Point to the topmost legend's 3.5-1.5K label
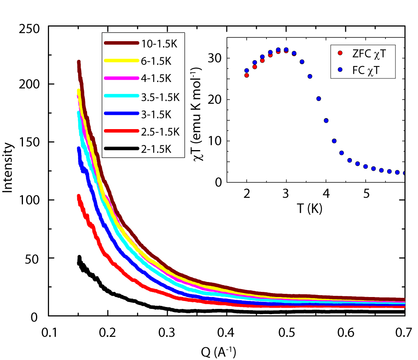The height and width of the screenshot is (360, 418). (160, 97)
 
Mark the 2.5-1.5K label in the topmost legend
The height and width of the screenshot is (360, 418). (160, 131)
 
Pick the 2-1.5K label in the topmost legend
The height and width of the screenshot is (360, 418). (156, 149)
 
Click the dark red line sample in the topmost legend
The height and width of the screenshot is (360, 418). (121, 43)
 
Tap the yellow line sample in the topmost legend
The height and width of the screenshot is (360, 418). (121, 61)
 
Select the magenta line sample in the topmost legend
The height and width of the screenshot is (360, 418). (121, 78)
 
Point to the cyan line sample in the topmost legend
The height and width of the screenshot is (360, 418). (121, 96)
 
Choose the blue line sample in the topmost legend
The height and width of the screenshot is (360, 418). (121, 114)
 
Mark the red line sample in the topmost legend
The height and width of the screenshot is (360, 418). (121, 131)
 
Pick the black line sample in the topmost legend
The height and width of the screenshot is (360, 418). (121, 149)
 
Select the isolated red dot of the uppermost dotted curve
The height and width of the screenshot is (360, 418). (340, 53)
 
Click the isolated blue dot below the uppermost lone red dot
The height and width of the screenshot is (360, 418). (340, 70)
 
